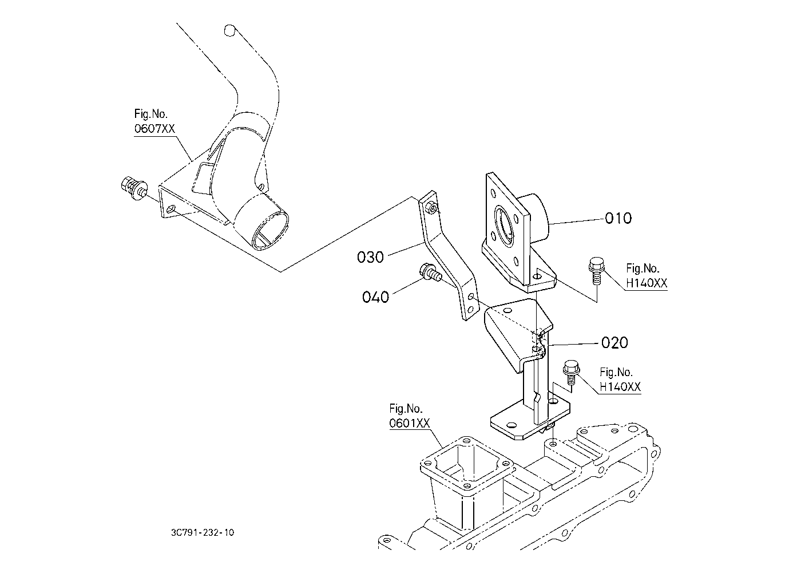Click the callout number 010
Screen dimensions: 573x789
[x=618, y=218]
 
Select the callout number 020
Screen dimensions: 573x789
[x=614, y=343]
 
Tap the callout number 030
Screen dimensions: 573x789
[x=370, y=257]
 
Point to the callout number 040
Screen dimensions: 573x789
[x=375, y=297]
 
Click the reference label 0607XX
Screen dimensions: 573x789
[x=154, y=128]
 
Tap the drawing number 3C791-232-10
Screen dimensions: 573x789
[x=202, y=533]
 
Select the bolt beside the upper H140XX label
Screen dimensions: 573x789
[x=594, y=271]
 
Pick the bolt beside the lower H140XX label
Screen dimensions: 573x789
[x=570, y=372]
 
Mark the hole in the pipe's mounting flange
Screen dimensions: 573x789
[x=170, y=212]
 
